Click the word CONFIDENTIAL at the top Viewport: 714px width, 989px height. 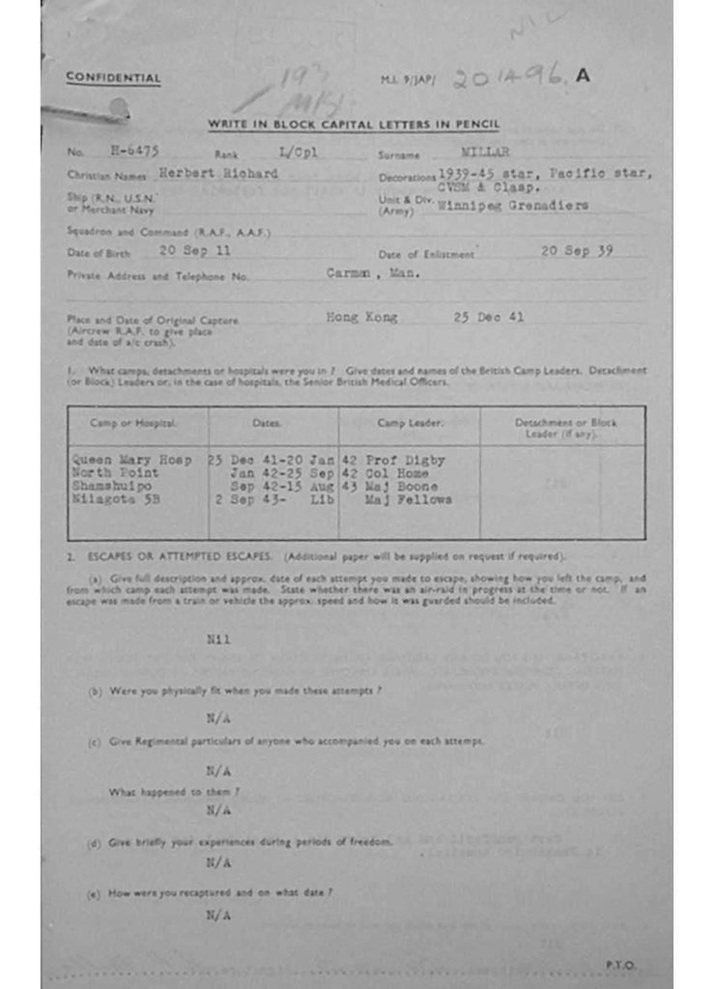(113, 78)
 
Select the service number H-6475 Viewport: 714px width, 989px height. (134, 152)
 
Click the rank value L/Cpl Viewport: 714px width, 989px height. (298, 152)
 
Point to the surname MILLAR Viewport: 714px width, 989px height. (486, 152)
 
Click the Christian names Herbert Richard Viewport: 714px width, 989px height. (218, 174)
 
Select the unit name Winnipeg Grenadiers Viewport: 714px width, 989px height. (513, 206)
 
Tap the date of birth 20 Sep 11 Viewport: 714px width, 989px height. (195, 250)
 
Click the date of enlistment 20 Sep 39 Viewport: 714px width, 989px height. (577, 250)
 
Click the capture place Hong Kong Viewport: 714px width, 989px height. (361, 317)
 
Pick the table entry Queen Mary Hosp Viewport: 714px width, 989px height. (132, 461)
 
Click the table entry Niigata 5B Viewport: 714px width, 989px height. (116, 500)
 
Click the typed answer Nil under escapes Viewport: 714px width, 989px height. (218, 639)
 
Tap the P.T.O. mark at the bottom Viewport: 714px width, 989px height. (620, 964)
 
